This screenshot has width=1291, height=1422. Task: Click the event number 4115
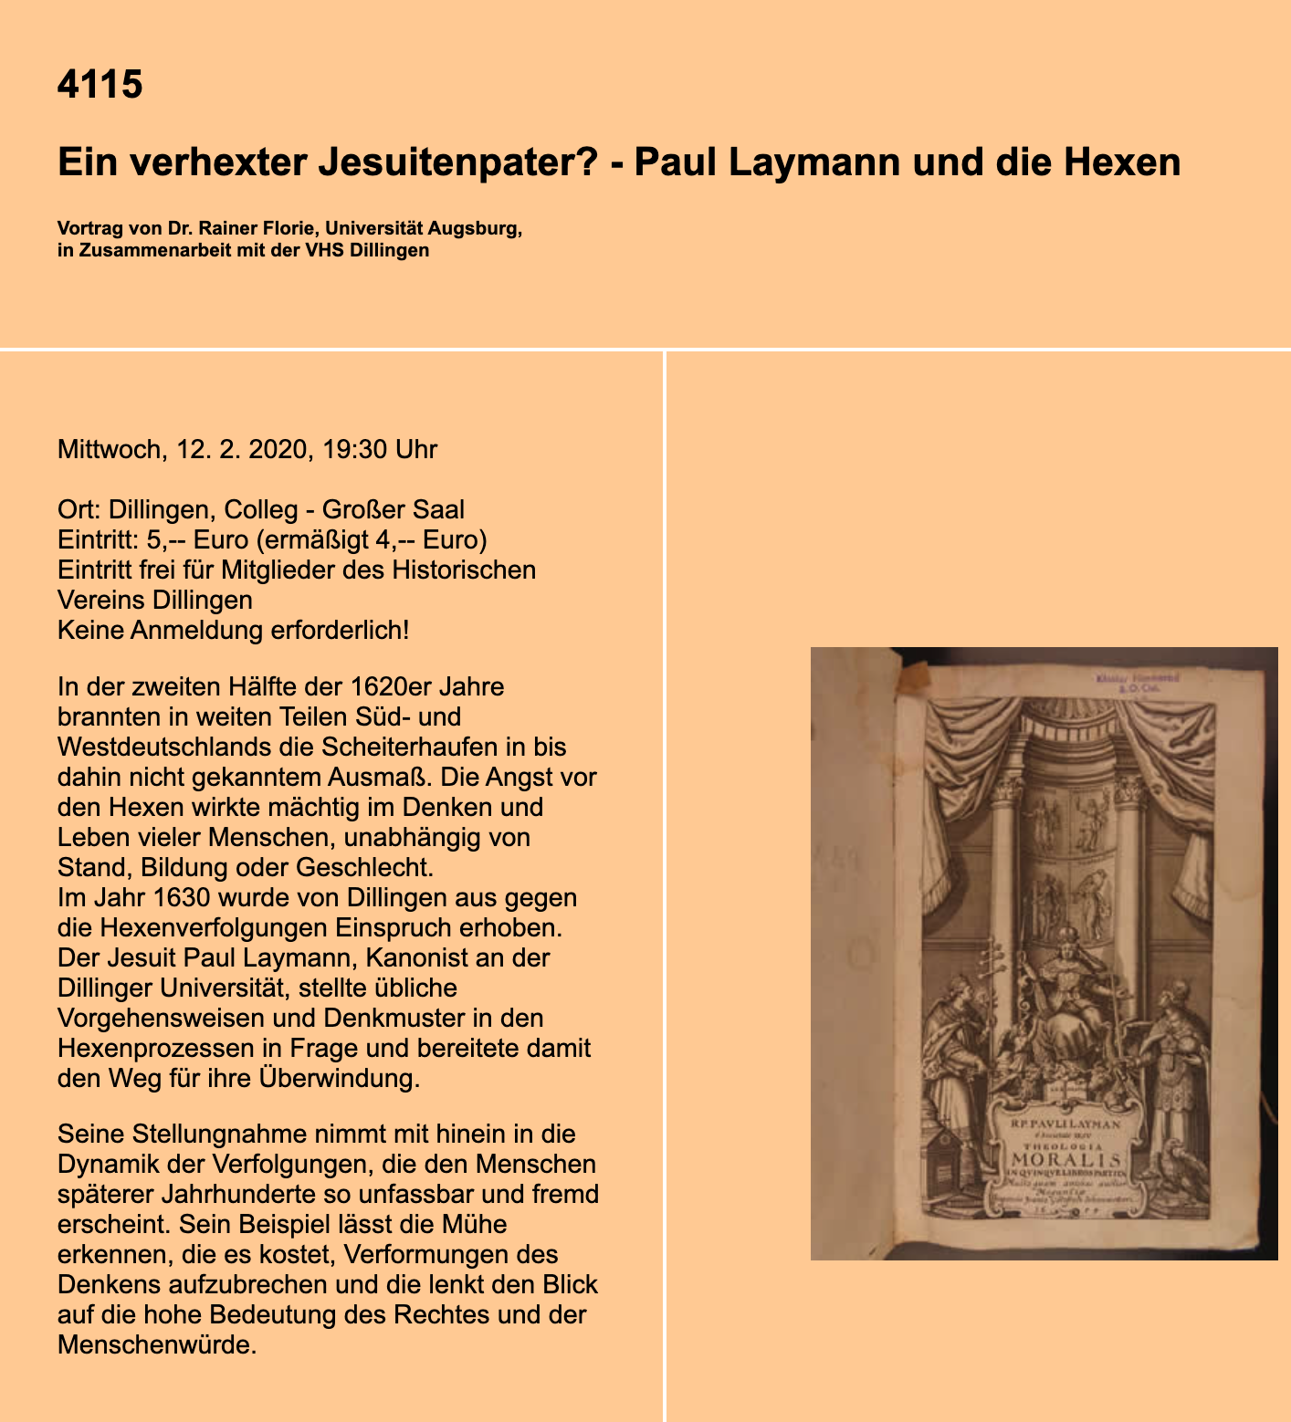click(x=100, y=84)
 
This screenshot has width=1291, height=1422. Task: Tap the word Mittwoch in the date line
click(x=109, y=449)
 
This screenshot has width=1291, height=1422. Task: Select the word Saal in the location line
click(x=439, y=509)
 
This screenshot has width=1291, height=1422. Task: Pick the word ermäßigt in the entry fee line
click(x=317, y=539)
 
